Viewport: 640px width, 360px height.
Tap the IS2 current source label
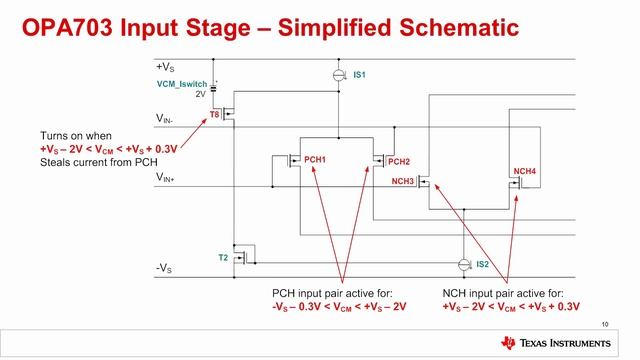(482, 264)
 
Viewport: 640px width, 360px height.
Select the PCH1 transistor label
(314, 160)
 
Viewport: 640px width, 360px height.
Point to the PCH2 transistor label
(399, 162)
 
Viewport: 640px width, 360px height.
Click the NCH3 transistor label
(403, 182)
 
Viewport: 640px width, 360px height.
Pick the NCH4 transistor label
(525, 171)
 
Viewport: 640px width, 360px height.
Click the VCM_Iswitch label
(184, 83)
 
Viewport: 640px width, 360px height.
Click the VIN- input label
(167, 119)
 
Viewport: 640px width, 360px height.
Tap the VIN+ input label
(167, 177)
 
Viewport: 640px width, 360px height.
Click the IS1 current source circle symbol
(338, 76)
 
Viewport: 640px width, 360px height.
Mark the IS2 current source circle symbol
(462, 265)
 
